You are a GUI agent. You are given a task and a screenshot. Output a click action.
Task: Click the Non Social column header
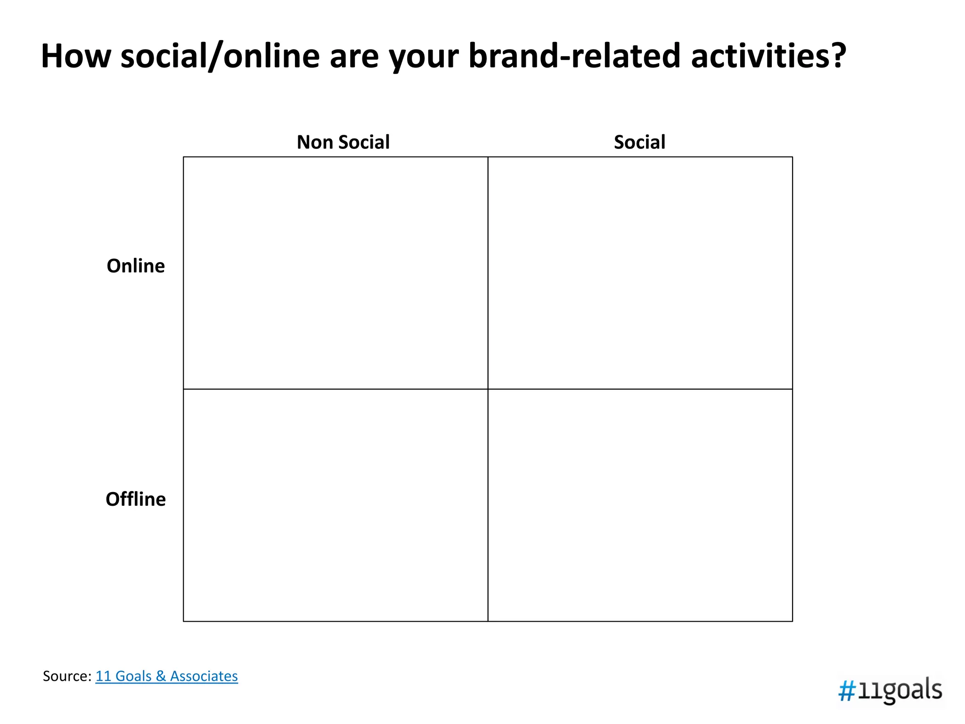[343, 142]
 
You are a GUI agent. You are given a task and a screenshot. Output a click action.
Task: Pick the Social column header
[639, 142]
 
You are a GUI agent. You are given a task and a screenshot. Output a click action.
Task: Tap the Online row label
[136, 266]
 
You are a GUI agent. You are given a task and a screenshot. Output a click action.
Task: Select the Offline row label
[136, 499]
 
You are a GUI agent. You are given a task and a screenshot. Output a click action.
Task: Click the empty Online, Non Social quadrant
[335, 273]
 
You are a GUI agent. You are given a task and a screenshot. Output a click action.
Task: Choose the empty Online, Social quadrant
[640, 273]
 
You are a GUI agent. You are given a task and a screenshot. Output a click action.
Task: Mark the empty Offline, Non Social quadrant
[335, 505]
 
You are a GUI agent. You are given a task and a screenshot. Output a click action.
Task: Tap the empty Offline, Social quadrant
[640, 505]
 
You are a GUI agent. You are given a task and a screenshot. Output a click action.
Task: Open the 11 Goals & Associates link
[167, 676]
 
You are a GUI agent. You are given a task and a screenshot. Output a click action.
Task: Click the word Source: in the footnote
[67, 676]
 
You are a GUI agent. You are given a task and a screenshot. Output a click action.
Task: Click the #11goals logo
[890, 691]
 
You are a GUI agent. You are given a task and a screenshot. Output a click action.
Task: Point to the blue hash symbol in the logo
[847, 692]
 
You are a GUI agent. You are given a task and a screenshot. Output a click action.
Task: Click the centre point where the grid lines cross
[488, 389]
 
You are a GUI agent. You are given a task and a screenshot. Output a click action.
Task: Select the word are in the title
[354, 58]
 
